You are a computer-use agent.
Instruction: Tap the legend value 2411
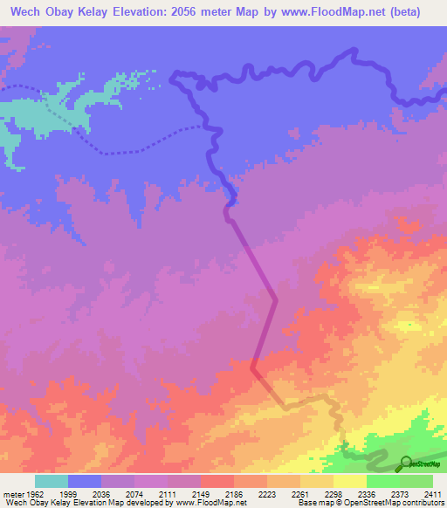[x=433, y=494]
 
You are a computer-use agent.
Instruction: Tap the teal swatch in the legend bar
[x=52, y=481]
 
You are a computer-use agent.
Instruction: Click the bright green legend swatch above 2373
[x=382, y=481]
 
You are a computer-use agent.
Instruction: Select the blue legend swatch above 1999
[x=85, y=481]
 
